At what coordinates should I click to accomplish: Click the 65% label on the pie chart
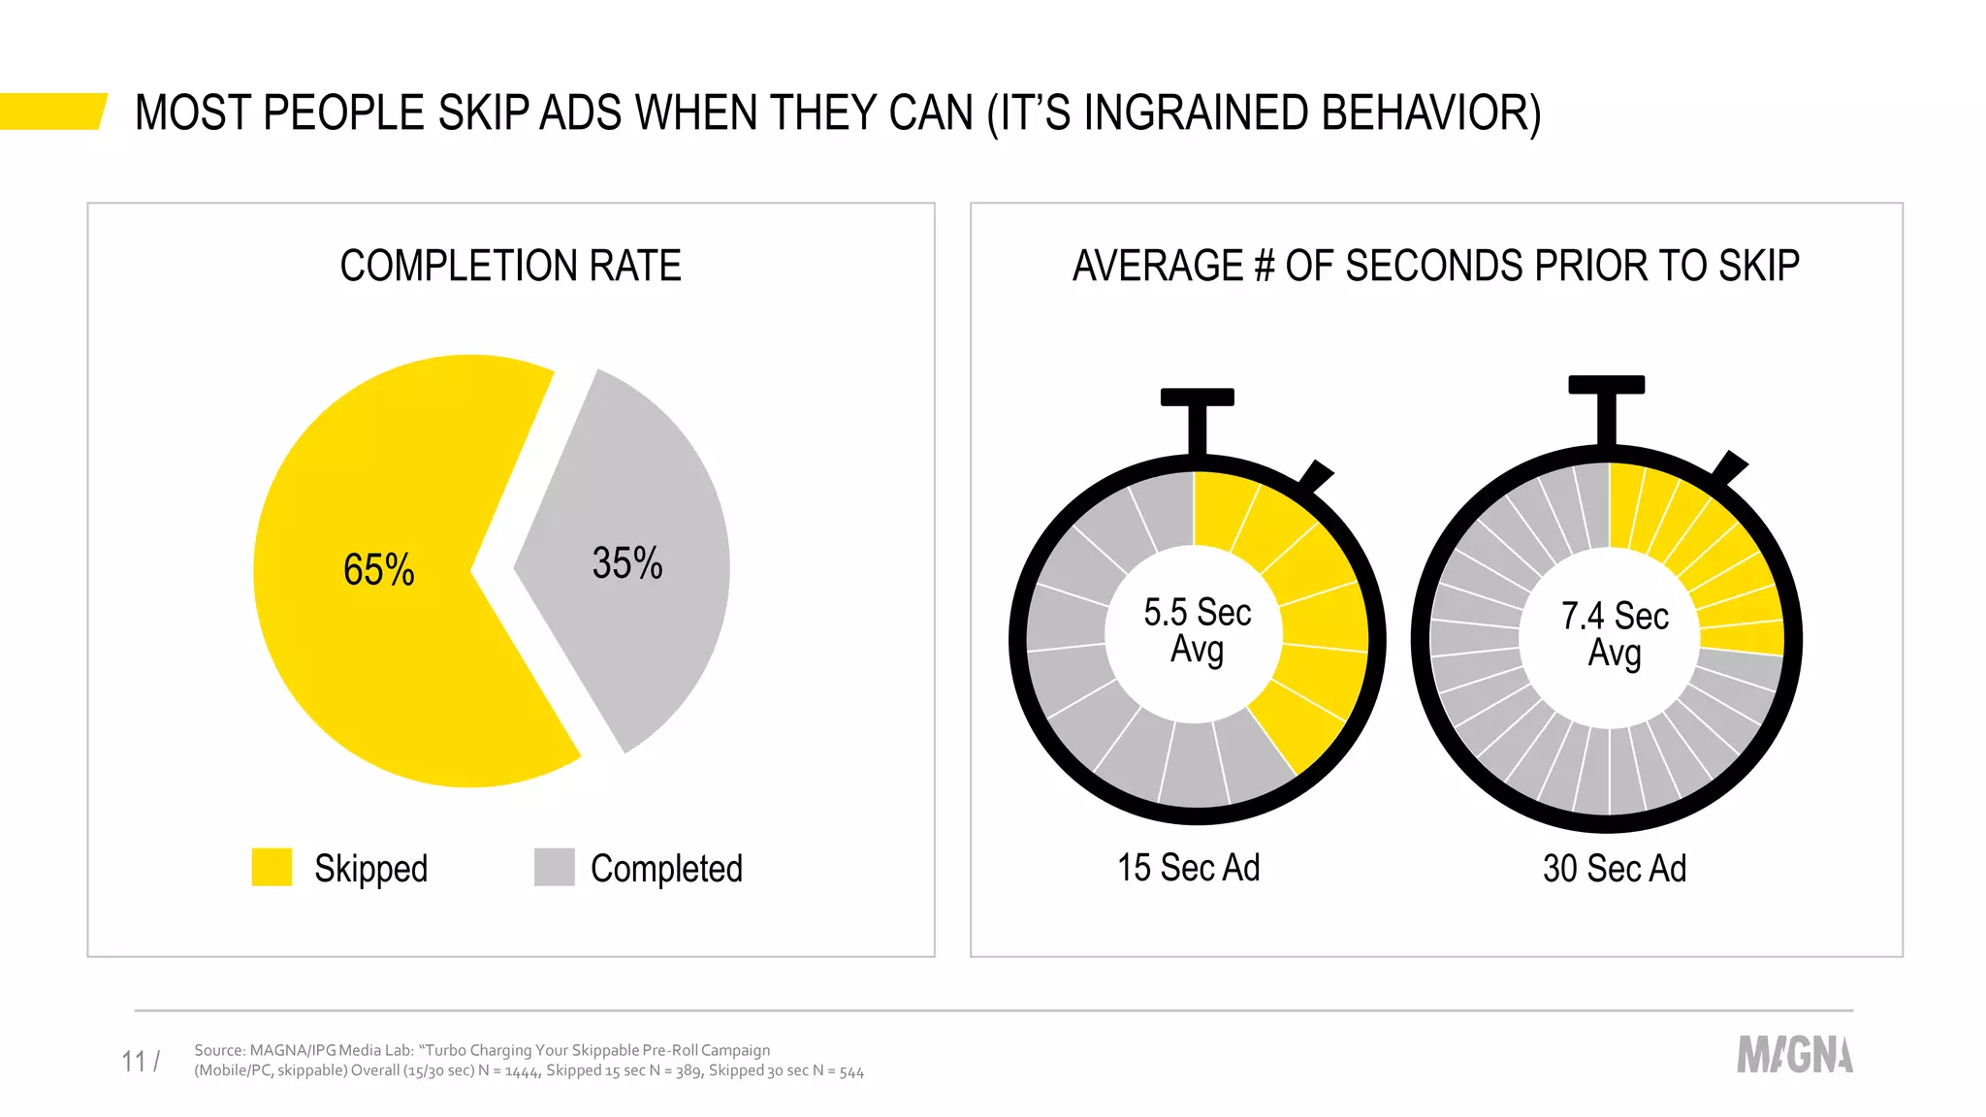(x=378, y=569)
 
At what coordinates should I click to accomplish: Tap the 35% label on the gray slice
(x=627, y=563)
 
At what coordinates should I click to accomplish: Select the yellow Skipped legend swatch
(x=272, y=867)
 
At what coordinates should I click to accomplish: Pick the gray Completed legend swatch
(x=554, y=867)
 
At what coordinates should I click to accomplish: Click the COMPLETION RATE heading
(x=510, y=266)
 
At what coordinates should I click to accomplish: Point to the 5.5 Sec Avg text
(x=1197, y=630)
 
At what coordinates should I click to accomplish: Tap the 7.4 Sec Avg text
(x=1614, y=634)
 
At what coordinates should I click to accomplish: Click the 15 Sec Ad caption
(x=1188, y=867)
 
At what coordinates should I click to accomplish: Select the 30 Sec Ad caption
(x=1614, y=868)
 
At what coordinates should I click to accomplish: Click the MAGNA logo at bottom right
(x=1794, y=1055)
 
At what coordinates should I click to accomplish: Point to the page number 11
(x=134, y=1062)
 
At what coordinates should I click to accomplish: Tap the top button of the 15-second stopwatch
(x=1197, y=398)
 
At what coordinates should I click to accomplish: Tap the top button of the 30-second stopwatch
(x=1606, y=385)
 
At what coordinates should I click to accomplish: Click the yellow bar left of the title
(x=50, y=111)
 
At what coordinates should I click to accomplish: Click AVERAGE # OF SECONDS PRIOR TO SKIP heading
(x=1435, y=266)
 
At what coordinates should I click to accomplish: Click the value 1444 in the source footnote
(x=522, y=1071)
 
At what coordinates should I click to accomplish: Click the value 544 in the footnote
(x=851, y=1071)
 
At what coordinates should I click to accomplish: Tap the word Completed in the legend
(x=666, y=868)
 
